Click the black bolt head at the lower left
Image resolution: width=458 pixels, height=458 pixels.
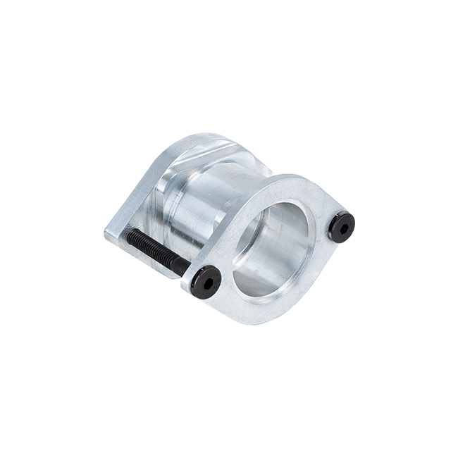206,282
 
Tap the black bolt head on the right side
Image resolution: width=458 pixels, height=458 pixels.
341,227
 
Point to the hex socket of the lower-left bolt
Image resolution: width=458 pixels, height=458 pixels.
205,283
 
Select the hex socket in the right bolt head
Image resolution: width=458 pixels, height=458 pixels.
342,227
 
